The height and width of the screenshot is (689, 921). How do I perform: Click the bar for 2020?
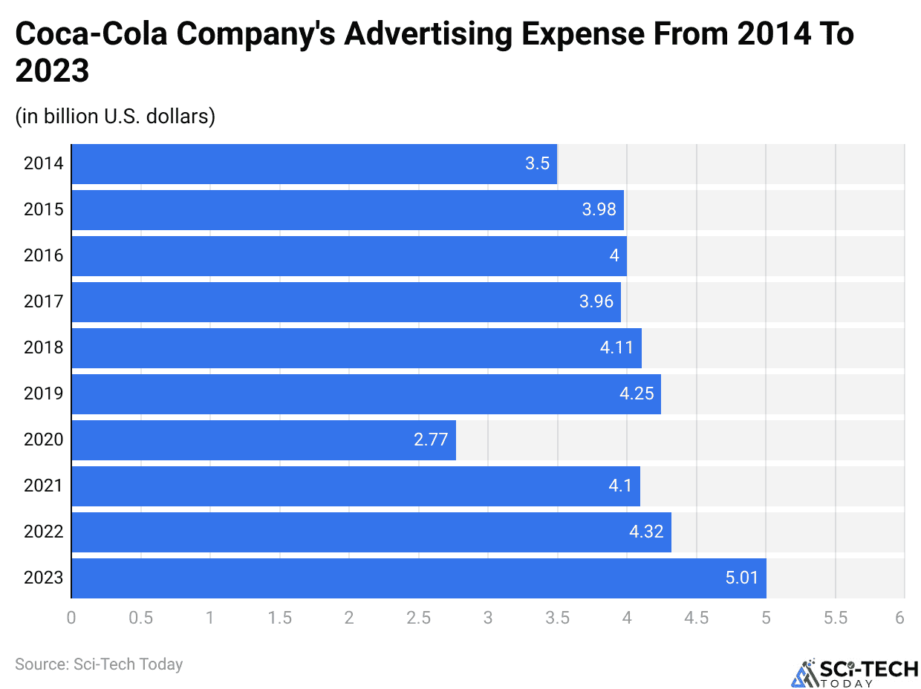coord(263,440)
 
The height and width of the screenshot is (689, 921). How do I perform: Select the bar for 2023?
coord(418,578)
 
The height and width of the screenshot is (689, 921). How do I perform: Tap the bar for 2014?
coord(313,163)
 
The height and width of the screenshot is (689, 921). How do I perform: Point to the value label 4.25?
coord(637,394)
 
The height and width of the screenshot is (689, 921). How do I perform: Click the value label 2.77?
coord(431,440)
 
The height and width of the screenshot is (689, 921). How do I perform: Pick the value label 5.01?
coord(742,578)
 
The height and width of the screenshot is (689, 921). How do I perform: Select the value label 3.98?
coord(599,209)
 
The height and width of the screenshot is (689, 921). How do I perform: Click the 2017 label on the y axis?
coord(44,301)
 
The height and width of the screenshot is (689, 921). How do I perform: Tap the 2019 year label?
coord(44,394)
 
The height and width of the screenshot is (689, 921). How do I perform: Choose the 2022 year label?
coord(44,532)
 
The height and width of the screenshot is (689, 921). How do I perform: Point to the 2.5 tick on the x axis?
coord(418,618)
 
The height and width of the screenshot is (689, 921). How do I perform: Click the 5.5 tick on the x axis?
coord(835,618)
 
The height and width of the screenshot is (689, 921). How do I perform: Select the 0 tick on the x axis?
coord(71,618)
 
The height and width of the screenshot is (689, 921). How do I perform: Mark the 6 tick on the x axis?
coord(899,618)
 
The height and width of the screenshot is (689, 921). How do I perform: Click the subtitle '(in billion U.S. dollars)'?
coord(115,117)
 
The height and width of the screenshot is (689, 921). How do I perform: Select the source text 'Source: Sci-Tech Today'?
coord(99,664)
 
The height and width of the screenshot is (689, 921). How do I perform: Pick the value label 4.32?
coord(646,532)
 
